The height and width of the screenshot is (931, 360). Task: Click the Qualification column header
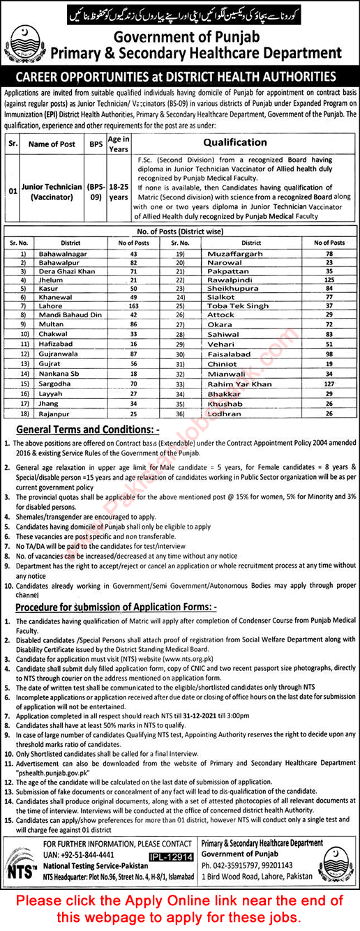235,142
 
